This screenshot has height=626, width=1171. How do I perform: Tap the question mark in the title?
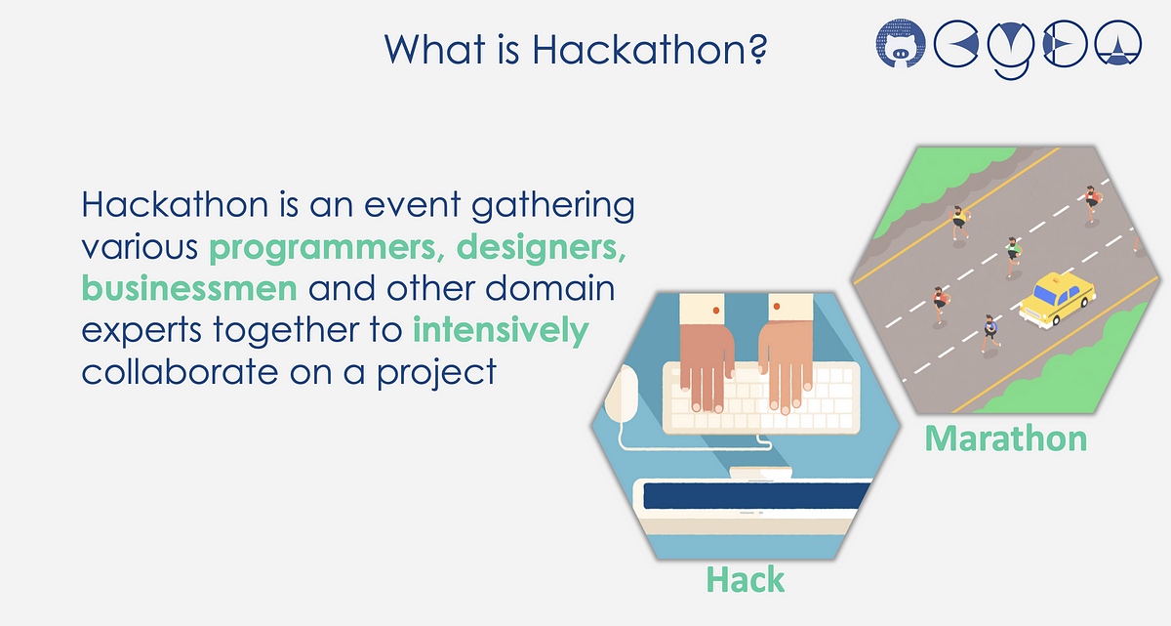click(756, 49)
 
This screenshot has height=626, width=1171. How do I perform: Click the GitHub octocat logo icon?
click(900, 44)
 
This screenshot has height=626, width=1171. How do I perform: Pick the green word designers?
click(542, 247)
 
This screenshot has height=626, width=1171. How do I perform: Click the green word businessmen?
click(189, 288)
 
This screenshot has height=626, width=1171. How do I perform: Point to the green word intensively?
click(501, 330)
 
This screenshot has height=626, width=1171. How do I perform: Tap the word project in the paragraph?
click(436, 373)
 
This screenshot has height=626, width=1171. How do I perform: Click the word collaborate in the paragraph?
click(180, 371)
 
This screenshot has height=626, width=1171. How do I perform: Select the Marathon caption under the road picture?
click(1006, 438)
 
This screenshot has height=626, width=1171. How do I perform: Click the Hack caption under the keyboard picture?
click(746, 579)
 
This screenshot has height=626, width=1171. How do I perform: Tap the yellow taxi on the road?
click(1057, 299)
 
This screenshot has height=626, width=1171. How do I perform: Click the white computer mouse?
click(621, 394)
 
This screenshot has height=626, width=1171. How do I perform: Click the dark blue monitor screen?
click(756, 495)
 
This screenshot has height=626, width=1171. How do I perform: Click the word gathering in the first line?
click(553, 205)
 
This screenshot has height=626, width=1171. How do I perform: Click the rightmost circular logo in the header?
click(1117, 43)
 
